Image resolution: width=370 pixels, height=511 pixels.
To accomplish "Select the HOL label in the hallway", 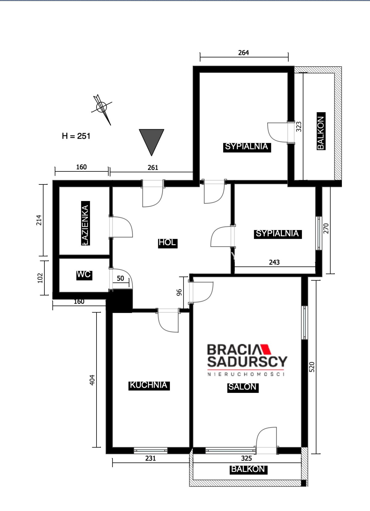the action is pos(167,242).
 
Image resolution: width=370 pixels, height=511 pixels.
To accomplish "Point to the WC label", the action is pos(84,274).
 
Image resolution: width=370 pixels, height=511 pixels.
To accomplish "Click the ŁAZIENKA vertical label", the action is pos(85,223).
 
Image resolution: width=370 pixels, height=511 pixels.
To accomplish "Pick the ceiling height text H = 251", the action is pos(76,136).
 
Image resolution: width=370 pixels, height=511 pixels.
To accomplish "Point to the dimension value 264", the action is pos(243,53).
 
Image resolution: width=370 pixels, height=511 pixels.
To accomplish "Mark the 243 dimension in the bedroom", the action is pos(274,262).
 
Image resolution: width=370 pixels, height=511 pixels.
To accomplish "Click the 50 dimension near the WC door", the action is pos(120,278).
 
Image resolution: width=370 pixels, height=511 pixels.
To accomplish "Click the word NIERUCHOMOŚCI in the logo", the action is pos(246,374).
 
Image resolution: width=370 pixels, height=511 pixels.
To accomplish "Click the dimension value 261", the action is pos(153,168).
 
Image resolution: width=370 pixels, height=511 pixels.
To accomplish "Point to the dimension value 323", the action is pos(298,127).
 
